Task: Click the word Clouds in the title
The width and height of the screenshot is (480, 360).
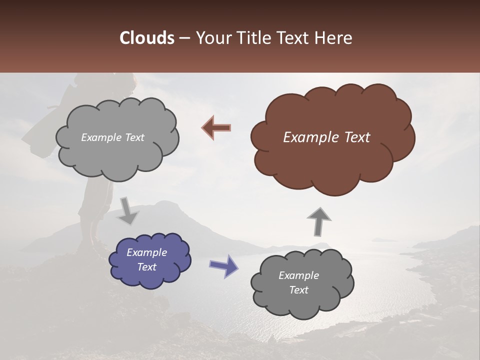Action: coord(147,38)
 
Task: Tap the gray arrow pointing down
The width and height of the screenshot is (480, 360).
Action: coord(127,211)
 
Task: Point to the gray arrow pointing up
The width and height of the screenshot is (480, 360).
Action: coord(318,220)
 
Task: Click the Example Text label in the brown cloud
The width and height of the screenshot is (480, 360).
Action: coord(326,137)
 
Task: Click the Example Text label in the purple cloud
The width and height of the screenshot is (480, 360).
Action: coord(146,259)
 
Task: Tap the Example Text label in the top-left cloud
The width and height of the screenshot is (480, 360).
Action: coord(112,137)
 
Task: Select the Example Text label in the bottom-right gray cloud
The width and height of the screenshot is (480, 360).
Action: coord(298,282)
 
